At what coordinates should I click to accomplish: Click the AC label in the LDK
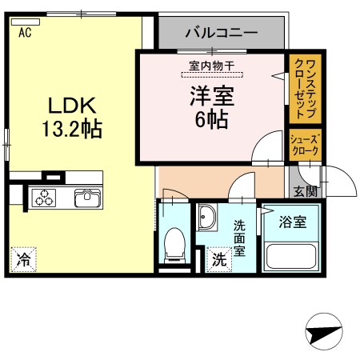click(x=24, y=33)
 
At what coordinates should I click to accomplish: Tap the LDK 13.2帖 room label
click(x=70, y=116)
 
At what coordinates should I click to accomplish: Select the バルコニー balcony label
click(x=221, y=33)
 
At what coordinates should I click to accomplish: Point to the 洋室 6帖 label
click(x=210, y=108)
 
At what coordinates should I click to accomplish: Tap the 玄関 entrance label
click(x=304, y=190)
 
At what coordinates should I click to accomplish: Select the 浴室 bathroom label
click(x=292, y=222)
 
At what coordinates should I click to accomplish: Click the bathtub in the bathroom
click(x=292, y=255)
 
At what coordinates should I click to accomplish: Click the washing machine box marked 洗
click(x=218, y=259)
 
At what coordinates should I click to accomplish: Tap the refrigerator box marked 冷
click(x=24, y=259)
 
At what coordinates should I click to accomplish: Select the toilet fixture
click(x=173, y=244)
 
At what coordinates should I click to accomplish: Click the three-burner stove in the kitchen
click(x=45, y=197)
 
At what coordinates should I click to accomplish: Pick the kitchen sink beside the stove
click(x=86, y=197)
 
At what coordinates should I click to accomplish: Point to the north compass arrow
click(x=323, y=332)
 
